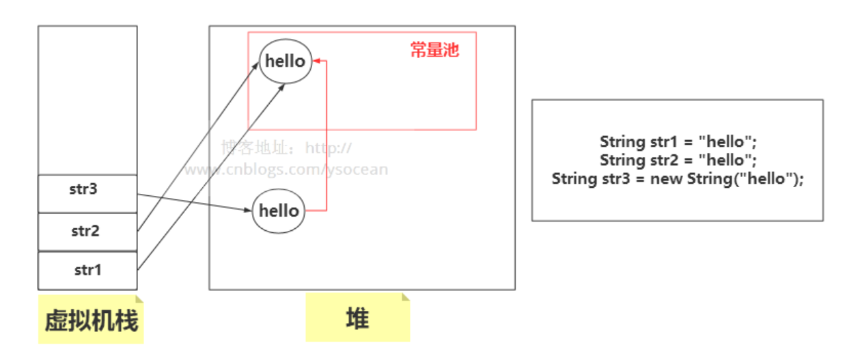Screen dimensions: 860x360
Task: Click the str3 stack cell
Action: tap(87, 193)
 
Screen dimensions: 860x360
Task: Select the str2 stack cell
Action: tap(87, 232)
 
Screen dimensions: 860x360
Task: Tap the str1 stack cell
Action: tap(87, 271)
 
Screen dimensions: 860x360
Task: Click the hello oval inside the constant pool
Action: tap(285, 61)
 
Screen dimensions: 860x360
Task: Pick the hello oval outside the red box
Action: tap(279, 210)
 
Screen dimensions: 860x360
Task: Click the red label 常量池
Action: tap(434, 50)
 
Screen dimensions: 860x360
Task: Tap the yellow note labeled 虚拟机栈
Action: tap(91, 320)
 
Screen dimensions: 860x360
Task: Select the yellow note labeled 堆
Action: tap(357, 318)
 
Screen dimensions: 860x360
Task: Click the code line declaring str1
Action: tap(678, 142)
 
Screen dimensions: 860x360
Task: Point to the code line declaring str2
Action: tap(678, 161)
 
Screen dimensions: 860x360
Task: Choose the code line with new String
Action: tap(678, 179)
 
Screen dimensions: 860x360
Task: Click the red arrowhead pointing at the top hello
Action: tap(318, 61)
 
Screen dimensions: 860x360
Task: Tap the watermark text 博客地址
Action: tap(259, 147)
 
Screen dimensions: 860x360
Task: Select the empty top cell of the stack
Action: tap(87, 100)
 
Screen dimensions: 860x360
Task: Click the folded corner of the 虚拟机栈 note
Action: tap(139, 299)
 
